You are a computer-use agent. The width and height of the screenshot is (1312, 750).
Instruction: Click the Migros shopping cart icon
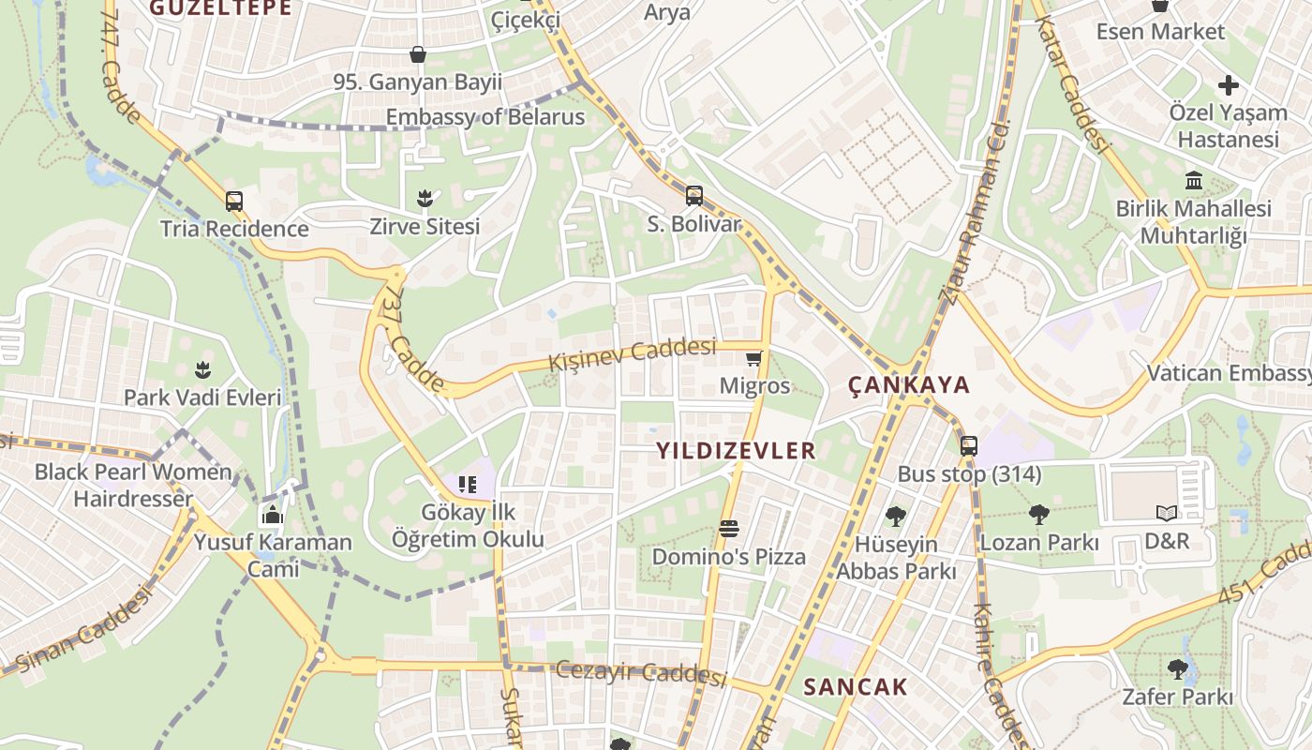(x=753, y=358)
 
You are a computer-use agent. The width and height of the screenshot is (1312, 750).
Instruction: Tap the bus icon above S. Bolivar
(x=693, y=196)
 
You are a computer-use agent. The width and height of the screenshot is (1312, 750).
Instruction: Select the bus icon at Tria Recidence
(x=234, y=202)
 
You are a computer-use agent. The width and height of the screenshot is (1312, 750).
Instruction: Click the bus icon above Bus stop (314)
(x=969, y=446)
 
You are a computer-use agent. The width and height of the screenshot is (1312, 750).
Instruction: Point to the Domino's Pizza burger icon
(x=729, y=529)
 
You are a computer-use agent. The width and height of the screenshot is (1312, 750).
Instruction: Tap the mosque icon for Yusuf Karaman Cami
(x=273, y=515)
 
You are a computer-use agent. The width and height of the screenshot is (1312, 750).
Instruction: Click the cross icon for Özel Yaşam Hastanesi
(x=1228, y=85)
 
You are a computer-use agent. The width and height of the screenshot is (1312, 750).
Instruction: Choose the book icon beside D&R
(x=1166, y=513)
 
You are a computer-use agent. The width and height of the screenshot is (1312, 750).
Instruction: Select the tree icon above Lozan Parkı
(x=1038, y=514)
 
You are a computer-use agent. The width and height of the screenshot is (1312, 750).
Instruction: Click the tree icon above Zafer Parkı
(x=1178, y=669)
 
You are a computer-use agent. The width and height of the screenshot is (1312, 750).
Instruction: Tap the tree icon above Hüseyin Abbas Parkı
(x=896, y=516)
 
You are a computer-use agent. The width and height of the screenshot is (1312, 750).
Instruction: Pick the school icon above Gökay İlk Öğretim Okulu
(x=467, y=485)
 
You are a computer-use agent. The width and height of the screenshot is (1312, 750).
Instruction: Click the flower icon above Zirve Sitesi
(x=425, y=198)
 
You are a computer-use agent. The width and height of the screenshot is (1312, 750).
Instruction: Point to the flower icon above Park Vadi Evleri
(x=202, y=369)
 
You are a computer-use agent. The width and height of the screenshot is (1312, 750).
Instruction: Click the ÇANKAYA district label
(x=909, y=385)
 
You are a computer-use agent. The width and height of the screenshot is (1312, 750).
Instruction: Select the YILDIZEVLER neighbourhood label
(x=736, y=451)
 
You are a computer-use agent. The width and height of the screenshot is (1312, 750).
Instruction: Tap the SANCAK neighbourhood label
(x=856, y=687)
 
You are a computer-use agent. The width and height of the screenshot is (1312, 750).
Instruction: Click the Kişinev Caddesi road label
(x=632, y=353)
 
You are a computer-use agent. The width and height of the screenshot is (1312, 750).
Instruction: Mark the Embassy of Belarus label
(x=485, y=117)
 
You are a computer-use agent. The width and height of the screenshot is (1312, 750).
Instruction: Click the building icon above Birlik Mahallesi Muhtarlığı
(x=1194, y=180)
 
